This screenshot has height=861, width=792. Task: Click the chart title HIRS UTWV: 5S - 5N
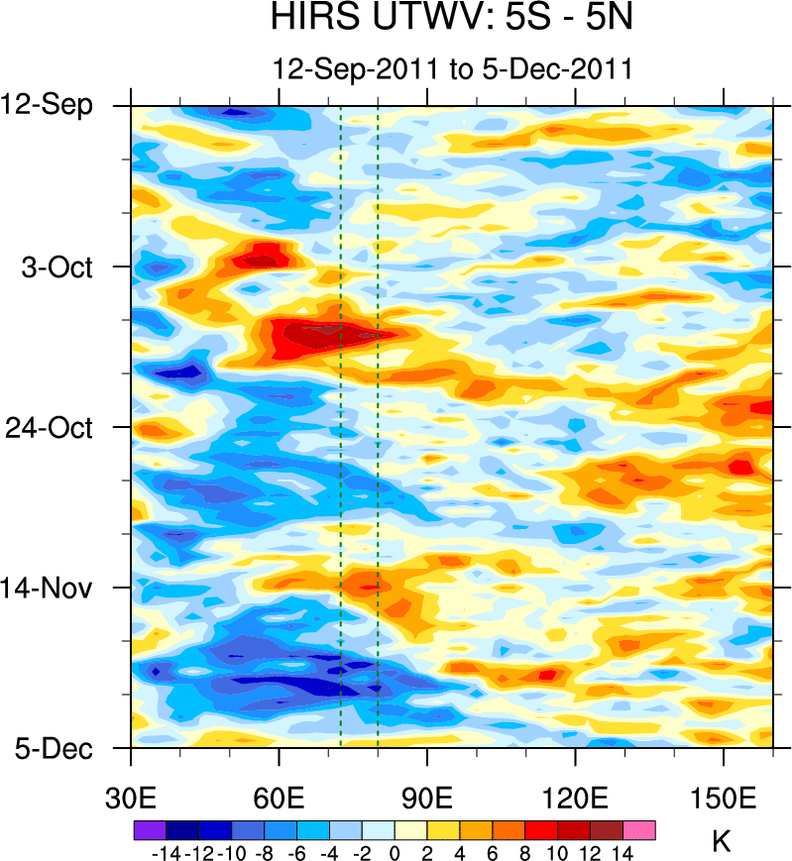coord(451,19)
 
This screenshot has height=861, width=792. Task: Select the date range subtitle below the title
coord(452,69)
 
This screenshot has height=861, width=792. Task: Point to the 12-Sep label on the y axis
coord(59,104)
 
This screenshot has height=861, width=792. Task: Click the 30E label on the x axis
coord(132,797)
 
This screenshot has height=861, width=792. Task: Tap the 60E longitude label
coord(280,797)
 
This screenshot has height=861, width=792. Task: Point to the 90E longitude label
coord(427,797)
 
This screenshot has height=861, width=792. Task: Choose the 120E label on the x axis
coord(575,797)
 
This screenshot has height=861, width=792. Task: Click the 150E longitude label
coord(724,797)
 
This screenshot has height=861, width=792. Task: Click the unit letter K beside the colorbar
coord(722,842)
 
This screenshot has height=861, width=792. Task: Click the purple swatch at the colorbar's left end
coord(149,829)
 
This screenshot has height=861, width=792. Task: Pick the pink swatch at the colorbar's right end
coord(639,829)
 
